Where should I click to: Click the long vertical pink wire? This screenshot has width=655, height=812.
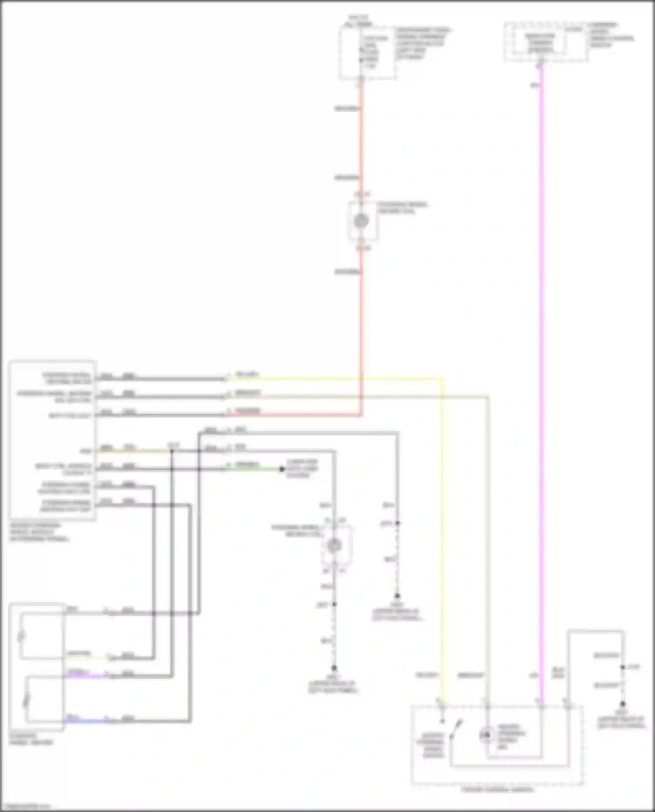coord(541,349)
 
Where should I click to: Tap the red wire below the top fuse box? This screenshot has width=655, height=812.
coord(362,140)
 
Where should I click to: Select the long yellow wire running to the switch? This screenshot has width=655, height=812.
coord(442,524)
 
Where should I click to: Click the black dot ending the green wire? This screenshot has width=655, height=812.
coord(282,469)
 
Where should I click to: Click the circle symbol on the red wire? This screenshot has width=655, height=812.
coord(361,221)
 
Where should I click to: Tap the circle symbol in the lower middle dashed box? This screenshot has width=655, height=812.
coord(334,545)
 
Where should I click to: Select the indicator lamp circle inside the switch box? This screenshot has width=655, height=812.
coord(486,736)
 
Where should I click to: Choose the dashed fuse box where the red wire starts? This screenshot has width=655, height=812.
coord(368,53)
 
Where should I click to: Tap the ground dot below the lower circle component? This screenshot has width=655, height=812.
coord(334,668)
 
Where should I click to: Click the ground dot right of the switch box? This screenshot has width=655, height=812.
coord(623,704)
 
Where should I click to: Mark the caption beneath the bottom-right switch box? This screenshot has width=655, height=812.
coord(497,789)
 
